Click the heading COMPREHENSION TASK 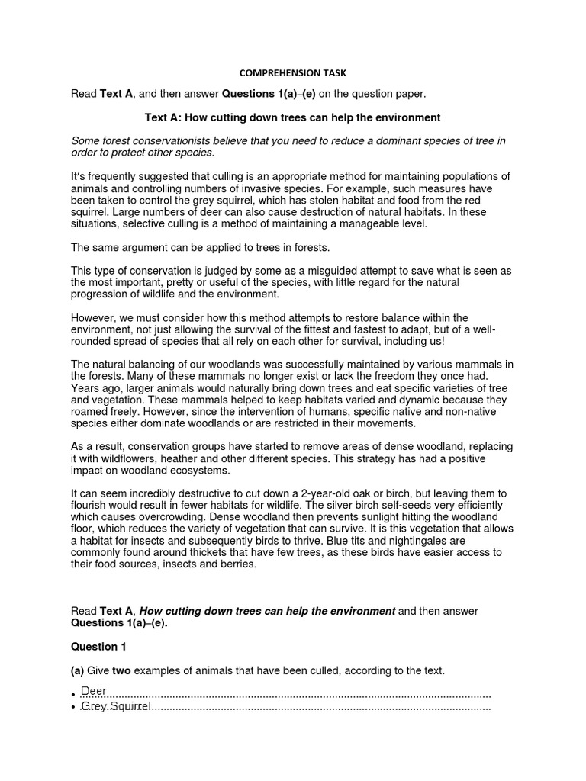293,73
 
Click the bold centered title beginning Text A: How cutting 293,117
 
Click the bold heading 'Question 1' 98,647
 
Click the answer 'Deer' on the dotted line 94,691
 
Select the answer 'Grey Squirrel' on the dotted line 116,707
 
